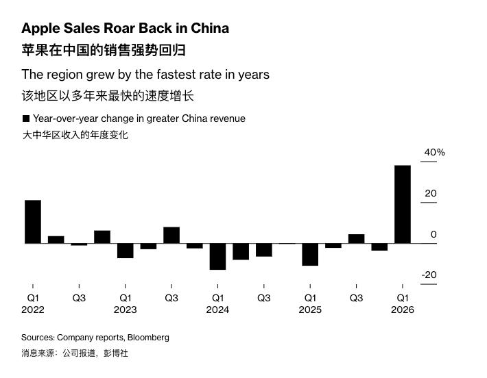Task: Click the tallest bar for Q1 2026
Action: (x=403, y=204)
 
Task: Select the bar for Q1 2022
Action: (x=33, y=221)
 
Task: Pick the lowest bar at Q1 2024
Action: (x=217, y=256)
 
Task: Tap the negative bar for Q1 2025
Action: (x=310, y=254)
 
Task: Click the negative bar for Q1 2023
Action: (x=125, y=250)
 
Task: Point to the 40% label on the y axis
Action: (x=434, y=152)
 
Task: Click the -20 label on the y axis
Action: (x=429, y=275)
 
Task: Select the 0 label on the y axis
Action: (x=433, y=234)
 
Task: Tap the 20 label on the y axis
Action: (x=430, y=194)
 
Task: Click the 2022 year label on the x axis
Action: (x=32, y=310)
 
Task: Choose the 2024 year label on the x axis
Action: (x=217, y=310)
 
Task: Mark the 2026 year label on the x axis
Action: (x=403, y=310)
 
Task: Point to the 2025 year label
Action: (x=310, y=310)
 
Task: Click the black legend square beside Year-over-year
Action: (x=25, y=118)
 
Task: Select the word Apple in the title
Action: (x=40, y=28)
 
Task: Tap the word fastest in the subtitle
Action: (x=167, y=74)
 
